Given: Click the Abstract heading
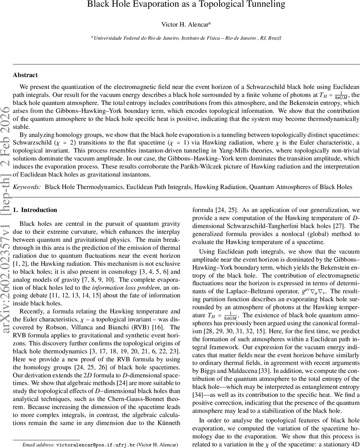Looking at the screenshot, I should click(25, 75).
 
